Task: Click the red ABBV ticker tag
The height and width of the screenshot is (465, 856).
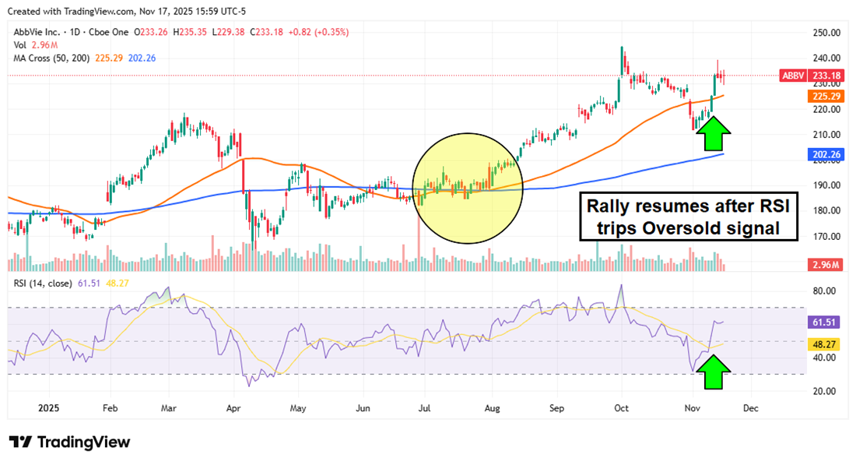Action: click(x=794, y=76)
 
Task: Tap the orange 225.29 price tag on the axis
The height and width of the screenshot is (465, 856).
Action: click(x=824, y=96)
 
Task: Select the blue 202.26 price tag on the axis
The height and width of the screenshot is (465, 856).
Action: click(x=824, y=154)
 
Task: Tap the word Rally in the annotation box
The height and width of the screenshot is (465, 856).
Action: click(x=609, y=207)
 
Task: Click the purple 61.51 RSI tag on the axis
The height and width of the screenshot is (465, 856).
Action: click(x=824, y=321)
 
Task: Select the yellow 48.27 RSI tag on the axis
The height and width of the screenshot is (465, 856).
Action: click(x=824, y=343)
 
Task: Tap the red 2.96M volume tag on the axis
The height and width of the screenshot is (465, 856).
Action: click(x=824, y=265)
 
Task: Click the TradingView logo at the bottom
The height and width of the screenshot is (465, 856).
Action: click(x=69, y=442)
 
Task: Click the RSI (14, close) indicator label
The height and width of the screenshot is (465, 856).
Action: click(x=42, y=283)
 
